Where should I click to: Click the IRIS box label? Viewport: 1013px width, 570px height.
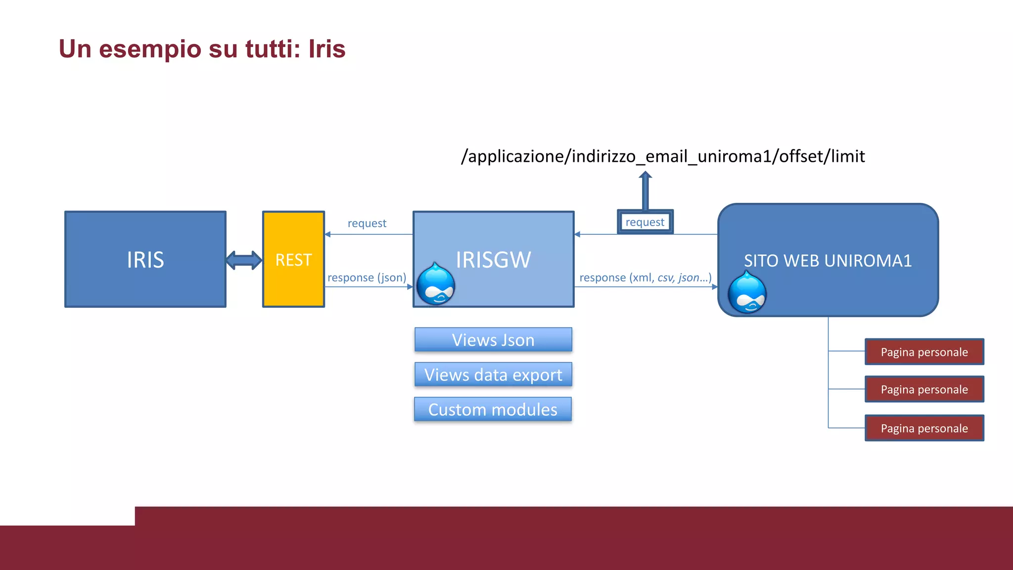(x=145, y=260)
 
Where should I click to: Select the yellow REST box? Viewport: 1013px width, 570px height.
(x=293, y=260)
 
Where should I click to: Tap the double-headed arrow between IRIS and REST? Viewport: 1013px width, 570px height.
(x=244, y=260)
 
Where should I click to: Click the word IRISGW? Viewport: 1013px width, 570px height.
(x=493, y=260)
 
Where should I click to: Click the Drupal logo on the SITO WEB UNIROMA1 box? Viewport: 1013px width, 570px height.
(x=747, y=293)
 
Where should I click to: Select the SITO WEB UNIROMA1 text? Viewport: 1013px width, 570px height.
(x=828, y=261)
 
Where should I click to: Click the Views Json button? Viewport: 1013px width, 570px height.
(x=493, y=340)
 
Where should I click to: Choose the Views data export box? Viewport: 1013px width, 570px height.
(x=493, y=375)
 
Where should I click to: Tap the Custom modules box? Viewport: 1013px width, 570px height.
(x=493, y=410)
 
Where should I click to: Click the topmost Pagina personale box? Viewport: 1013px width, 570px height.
(x=924, y=352)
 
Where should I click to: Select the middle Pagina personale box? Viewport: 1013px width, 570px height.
(x=924, y=389)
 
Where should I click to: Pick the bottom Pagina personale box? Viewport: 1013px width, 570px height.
(x=924, y=428)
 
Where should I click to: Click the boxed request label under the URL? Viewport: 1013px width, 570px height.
(x=645, y=222)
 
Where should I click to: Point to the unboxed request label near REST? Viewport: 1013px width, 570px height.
(x=367, y=223)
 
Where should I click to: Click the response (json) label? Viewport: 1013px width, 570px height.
(x=367, y=278)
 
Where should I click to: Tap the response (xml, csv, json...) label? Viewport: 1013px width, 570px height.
(x=645, y=278)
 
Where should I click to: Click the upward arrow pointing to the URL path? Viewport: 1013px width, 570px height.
(x=645, y=190)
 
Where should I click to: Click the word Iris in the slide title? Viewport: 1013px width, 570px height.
(x=326, y=49)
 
